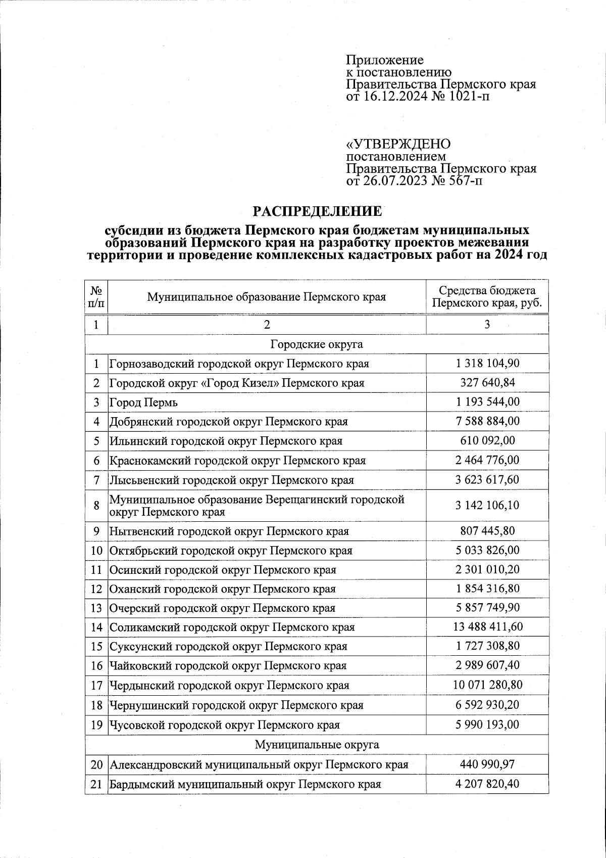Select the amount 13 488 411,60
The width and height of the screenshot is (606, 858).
[x=487, y=627]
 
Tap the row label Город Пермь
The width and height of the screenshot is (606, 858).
[x=144, y=403]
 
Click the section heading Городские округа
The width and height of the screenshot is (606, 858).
[x=317, y=345]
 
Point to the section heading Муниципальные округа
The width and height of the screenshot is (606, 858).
[x=317, y=745]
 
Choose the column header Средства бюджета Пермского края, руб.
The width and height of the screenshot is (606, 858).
[x=487, y=297]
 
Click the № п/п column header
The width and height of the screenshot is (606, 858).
[x=96, y=297]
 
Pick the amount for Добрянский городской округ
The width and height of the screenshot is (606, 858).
[x=487, y=421]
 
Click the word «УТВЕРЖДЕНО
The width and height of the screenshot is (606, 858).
[x=398, y=144]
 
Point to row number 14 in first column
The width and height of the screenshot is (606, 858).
[x=96, y=627]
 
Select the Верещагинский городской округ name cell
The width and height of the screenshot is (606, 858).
[x=257, y=506]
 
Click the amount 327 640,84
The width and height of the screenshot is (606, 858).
[x=487, y=383]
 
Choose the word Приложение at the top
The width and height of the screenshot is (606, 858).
[x=384, y=60]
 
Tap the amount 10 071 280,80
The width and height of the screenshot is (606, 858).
[x=487, y=685]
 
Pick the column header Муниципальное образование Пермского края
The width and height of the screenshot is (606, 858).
[x=267, y=297]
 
